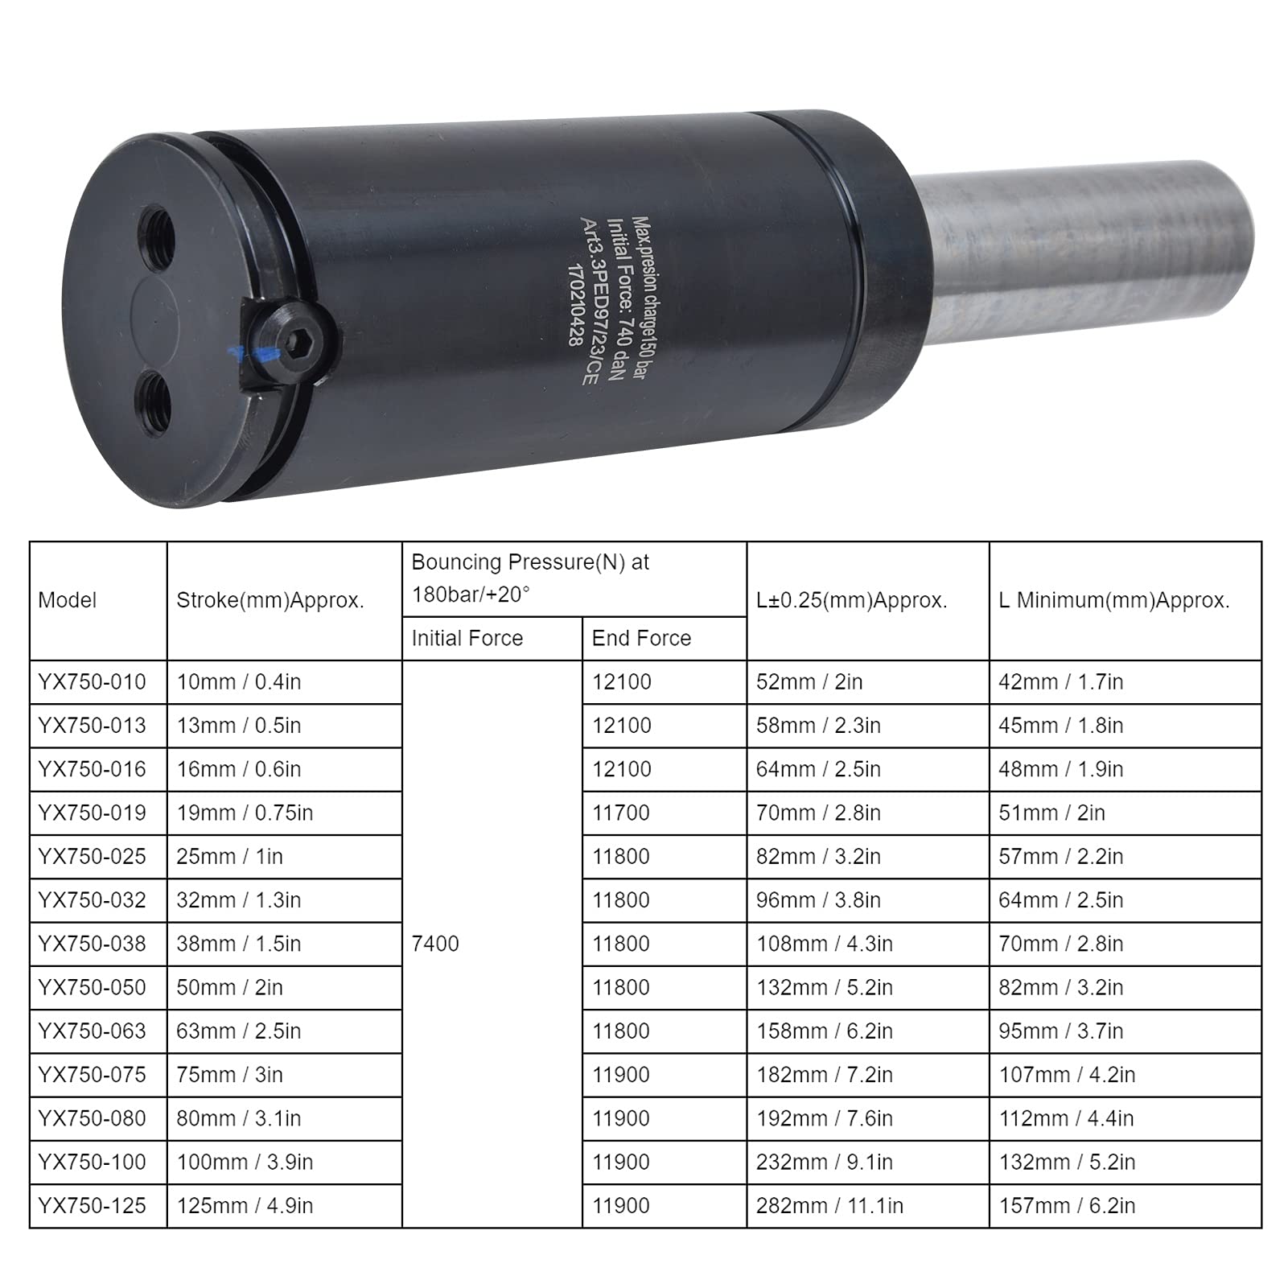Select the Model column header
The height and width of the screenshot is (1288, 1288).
(x=68, y=600)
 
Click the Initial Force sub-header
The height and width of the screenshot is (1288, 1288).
(x=467, y=638)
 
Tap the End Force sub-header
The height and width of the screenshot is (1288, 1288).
(x=641, y=638)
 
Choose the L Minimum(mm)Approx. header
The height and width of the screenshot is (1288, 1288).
(x=1114, y=600)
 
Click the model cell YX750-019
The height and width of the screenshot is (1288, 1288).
(x=93, y=813)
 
